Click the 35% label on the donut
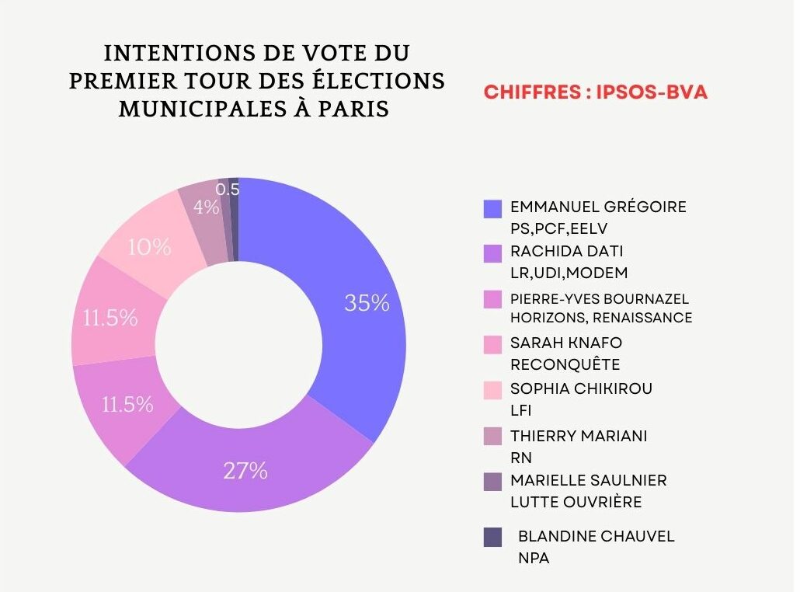(x=367, y=303)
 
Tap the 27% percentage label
(x=245, y=471)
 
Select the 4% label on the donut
(x=206, y=207)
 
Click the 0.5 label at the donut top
(x=228, y=189)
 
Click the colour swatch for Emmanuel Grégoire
(x=492, y=208)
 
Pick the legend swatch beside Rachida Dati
(x=492, y=253)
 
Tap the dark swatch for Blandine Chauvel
(x=492, y=537)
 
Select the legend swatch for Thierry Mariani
(x=492, y=436)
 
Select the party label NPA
(x=534, y=558)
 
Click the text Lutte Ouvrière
(x=576, y=503)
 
